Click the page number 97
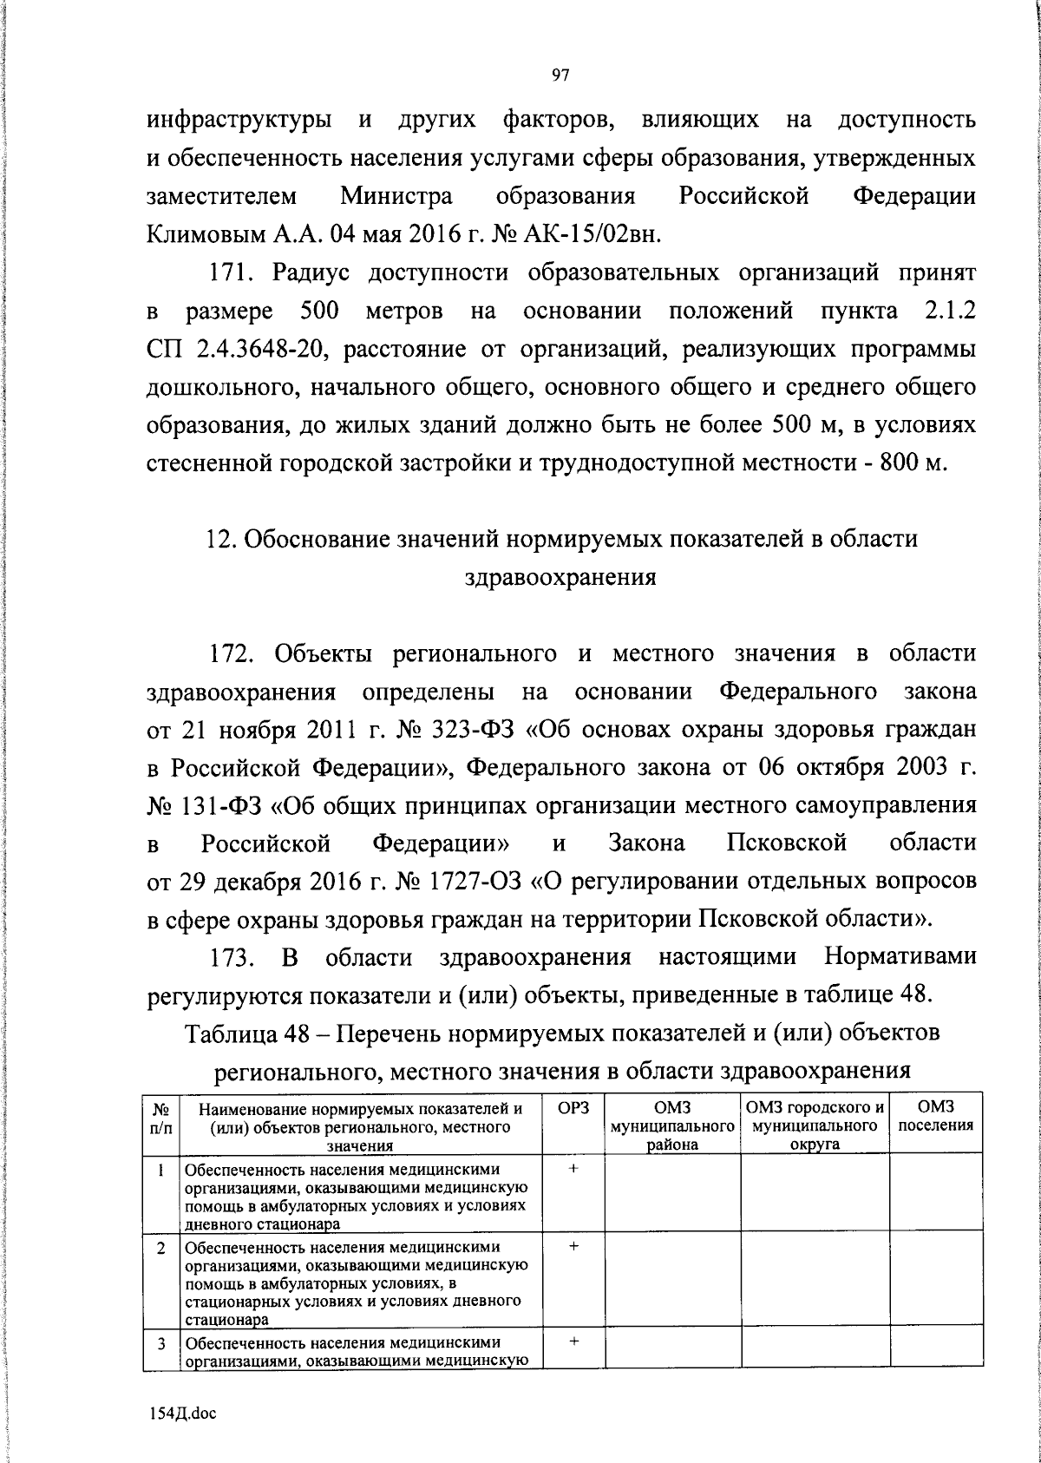(x=560, y=75)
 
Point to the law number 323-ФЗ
(x=474, y=729)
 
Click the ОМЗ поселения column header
(x=936, y=1116)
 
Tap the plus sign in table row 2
(x=573, y=1245)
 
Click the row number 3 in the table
(x=161, y=1343)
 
